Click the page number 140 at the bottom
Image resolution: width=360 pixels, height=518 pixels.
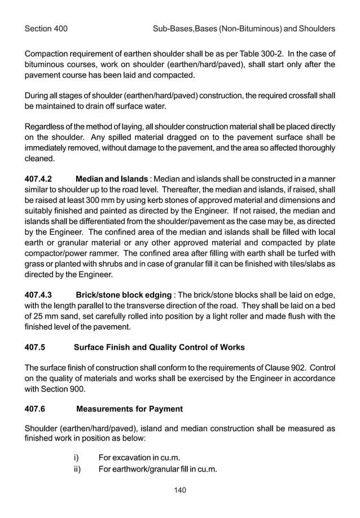(x=180, y=490)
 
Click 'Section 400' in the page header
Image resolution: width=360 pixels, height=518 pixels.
(x=46, y=28)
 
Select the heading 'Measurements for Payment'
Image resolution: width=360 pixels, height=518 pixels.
(x=129, y=408)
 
